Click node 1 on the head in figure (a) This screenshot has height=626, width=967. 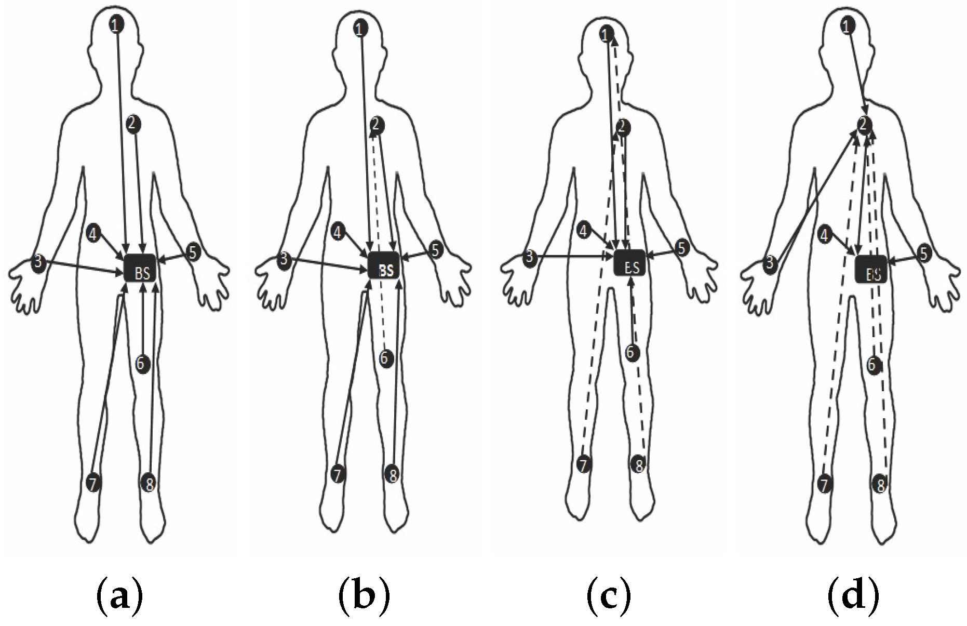pyautogui.click(x=117, y=23)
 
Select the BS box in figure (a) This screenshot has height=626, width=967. pyautogui.click(x=141, y=269)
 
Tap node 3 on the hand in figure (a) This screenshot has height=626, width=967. pyautogui.click(x=38, y=261)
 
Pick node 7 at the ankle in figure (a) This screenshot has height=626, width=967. pyautogui.click(x=93, y=483)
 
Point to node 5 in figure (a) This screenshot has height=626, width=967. pyautogui.click(x=193, y=252)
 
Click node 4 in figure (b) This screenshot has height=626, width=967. pyautogui.click(x=339, y=232)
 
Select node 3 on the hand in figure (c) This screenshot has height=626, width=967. pyautogui.click(x=530, y=257)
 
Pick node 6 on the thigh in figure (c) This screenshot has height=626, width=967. pyautogui.click(x=631, y=352)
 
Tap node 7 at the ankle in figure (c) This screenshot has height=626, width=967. pyautogui.click(x=584, y=464)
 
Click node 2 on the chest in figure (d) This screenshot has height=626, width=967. pyautogui.click(x=864, y=124)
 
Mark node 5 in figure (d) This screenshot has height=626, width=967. pyautogui.click(x=923, y=254)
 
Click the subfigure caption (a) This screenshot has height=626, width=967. pyautogui.click(x=119, y=597)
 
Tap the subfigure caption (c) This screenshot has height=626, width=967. pyautogui.click(x=608, y=597)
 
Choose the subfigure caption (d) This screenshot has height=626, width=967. pyautogui.click(x=853, y=597)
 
